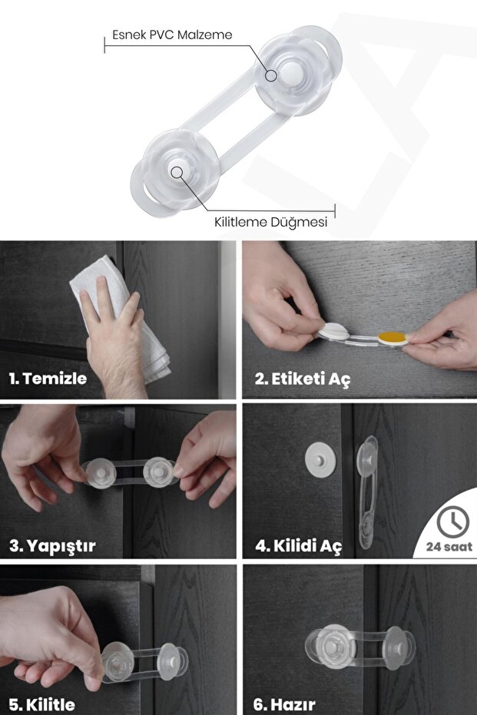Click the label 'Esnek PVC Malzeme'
point(172,35)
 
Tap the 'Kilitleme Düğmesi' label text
point(271,222)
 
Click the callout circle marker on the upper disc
point(271,76)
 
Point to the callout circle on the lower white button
point(177,172)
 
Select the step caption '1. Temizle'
point(48,378)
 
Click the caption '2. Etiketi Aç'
point(303,379)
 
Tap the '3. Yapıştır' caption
point(52,545)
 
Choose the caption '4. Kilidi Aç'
point(298,545)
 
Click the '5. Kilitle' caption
point(42,704)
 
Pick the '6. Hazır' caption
point(284,704)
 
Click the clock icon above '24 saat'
point(453,521)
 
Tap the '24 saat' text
point(449,546)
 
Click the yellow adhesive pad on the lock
point(393,338)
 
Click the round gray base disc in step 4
point(320,461)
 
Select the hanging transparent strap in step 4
point(368,492)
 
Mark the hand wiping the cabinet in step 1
point(114,337)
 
